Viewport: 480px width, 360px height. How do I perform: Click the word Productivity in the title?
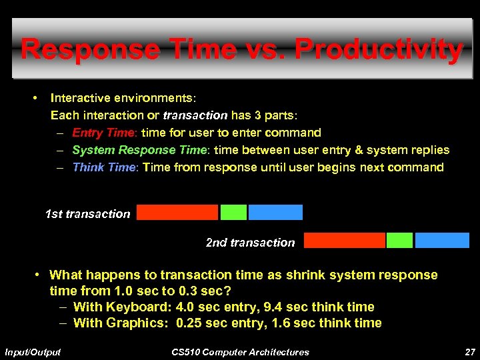(x=378, y=50)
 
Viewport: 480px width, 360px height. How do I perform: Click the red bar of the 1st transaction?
(x=177, y=212)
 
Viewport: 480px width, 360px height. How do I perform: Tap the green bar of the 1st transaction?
(x=233, y=212)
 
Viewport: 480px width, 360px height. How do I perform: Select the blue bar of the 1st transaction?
(x=275, y=212)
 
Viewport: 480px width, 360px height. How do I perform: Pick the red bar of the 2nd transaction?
(x=345, y=240)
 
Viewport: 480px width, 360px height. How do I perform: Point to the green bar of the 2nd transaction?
(x=399, y=240)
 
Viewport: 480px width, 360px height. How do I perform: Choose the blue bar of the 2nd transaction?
(x=442, y=240)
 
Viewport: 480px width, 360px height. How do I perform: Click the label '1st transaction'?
(x=87, y=214)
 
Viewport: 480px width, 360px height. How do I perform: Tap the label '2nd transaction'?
(x=250, y=243)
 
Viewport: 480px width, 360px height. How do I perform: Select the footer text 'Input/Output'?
(x=32, y=352)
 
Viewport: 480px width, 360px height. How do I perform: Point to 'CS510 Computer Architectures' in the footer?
(x=240, y=352)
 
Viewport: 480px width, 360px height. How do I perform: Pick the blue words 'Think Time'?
(x=103, y=167)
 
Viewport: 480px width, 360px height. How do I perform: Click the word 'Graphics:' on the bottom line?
(x=137, y=323)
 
